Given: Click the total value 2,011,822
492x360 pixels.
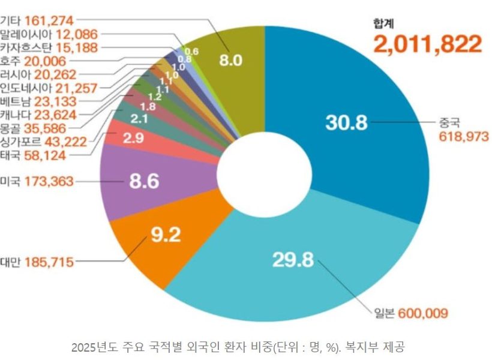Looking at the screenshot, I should point(427,44).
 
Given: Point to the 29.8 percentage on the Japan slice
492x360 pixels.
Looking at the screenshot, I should point(293,260).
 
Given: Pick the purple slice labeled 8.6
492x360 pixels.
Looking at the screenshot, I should point(144,181).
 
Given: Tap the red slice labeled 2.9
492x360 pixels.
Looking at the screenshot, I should point(132,139).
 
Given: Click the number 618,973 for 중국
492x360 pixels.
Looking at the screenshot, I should point(464,137).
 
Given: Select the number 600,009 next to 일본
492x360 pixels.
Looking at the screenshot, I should point(424,313).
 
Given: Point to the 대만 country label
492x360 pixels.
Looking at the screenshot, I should point(10,262).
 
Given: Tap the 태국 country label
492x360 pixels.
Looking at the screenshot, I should point(10,155).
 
